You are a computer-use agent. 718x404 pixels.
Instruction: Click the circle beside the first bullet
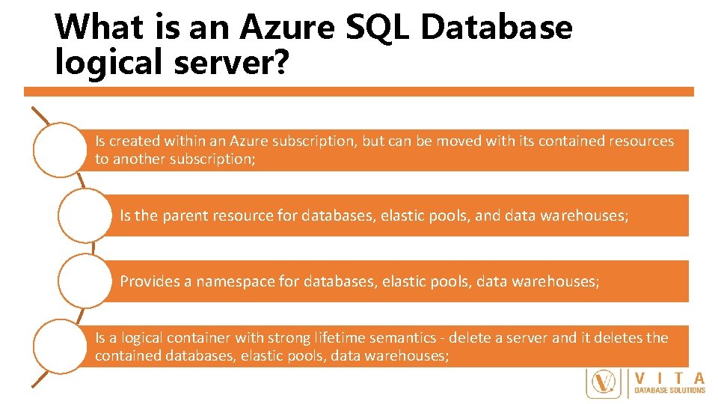[61, 150]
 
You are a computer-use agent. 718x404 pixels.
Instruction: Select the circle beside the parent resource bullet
[85, 215]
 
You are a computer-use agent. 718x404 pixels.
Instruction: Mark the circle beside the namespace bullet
[85, 281]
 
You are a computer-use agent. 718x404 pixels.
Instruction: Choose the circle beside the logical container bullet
[61, 346]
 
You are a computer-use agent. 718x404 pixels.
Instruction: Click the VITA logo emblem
[604, 383]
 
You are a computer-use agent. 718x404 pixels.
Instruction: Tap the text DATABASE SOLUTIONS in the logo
[670, 390]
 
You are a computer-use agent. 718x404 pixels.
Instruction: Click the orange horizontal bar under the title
[359, 91]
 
